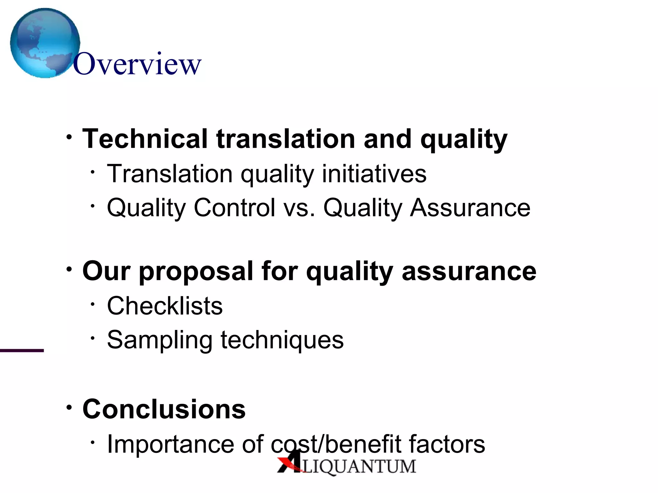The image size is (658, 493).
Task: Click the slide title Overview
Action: tap(137, 64)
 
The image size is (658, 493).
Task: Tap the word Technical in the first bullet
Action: tap(145, 139)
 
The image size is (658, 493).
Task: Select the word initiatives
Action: tap(374, 174)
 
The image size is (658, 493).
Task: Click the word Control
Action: tap(235, 208)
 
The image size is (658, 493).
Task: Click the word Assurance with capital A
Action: tap(470, 208)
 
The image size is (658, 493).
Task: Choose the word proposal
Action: tap(196, 272)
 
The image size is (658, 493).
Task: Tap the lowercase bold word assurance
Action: tap(469, 272)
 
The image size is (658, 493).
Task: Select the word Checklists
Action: tap(165, 306)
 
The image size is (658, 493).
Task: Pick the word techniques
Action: tap(282, 340)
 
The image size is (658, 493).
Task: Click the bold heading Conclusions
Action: tap(164, 409)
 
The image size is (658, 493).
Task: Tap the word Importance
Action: tap(170, 444)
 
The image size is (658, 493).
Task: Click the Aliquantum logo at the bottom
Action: tap(347, 464)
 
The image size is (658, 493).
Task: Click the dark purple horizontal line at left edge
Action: tap(22, 350)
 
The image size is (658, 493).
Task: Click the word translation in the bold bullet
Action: tap(286, 139)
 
